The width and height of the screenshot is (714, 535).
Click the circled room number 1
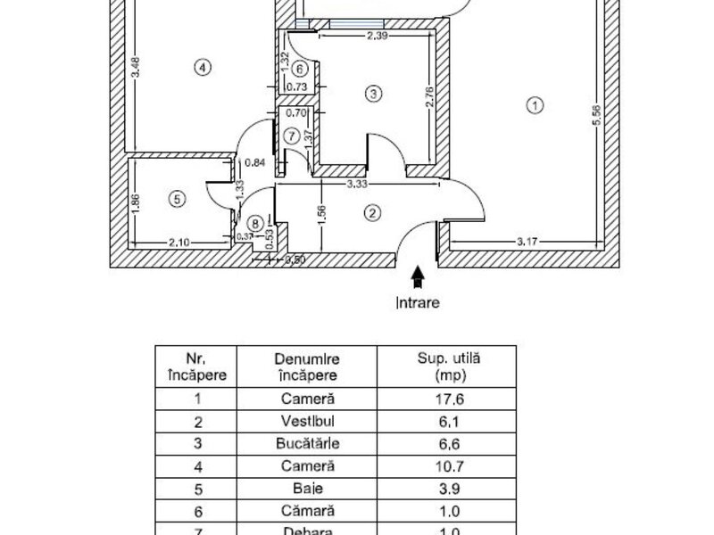pyautogui.click(x=535, y=106)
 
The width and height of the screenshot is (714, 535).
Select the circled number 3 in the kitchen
pyautogui.click(x=373, y=91)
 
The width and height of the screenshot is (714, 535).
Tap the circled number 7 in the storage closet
pyautogui.click(x=292, y=136)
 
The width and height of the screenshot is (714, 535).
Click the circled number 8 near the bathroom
pyautogui.click(x=256, y=223)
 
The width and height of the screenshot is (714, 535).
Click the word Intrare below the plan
pyautogui.click(x=418, y=302)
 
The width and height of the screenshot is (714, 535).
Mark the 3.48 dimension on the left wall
pyautogui.click(x=135, y=69)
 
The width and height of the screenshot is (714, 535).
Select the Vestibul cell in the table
pyautogui.click(x=305, y=421)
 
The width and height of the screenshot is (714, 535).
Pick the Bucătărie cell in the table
pyautogui.click(x=305, y=443)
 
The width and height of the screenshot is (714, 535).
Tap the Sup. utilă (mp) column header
pyautogui.click(x=449, y=366)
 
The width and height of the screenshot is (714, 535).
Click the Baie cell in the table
pyautogui.click(x=305, y=488)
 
